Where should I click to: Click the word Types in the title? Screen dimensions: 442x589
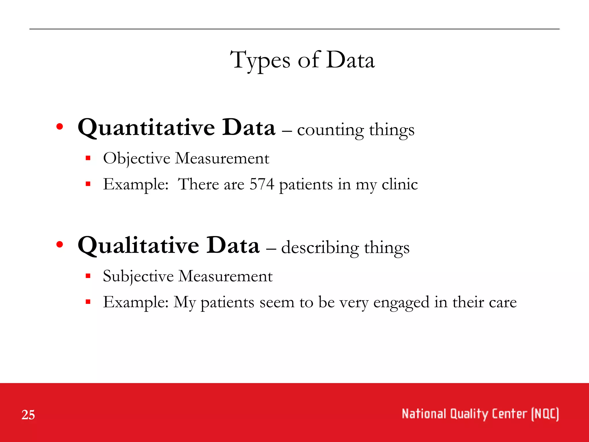tap(260, 60)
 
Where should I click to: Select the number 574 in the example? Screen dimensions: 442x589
tap(262, 184)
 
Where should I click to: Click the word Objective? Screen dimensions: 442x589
tap(137, 159)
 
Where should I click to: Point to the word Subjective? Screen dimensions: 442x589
tap(138, 276)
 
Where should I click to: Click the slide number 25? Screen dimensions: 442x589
tap(28, 415)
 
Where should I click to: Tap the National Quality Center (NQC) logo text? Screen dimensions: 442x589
tap(480, 414)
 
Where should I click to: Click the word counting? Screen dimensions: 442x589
tap(330, 130)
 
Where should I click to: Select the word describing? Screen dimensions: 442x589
tap(320, 248)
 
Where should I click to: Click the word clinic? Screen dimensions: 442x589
tap(399, 184)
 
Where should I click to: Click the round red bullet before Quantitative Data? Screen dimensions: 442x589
tap(60, 127)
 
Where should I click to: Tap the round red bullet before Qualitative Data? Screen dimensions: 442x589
tap(60, 245)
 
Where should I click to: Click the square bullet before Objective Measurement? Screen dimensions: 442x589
tap(88, 158)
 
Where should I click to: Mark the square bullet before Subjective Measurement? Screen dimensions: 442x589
tap(88, 276)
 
